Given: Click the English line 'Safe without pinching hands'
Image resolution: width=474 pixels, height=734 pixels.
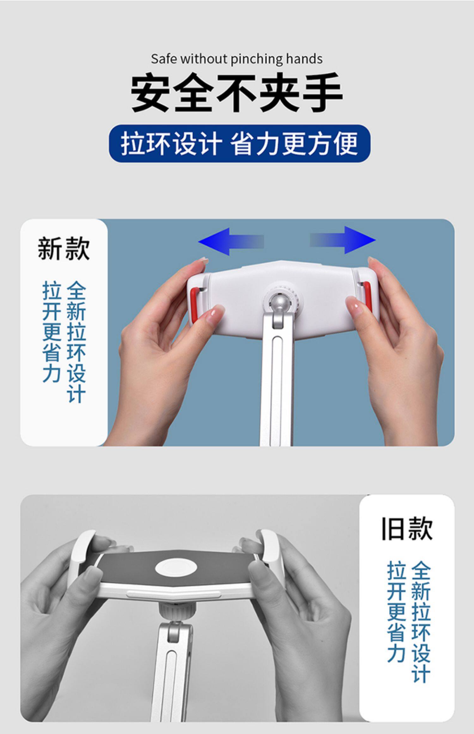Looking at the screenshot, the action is tap(237, 59).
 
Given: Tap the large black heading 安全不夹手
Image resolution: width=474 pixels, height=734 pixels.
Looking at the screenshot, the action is tap(237, 93).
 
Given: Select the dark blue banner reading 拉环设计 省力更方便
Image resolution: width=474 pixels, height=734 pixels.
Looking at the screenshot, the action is tap(240, 144).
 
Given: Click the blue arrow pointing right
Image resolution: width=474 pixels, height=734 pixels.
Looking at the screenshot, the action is tap(343, 240).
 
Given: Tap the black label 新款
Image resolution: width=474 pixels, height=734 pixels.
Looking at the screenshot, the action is tap(64, 249).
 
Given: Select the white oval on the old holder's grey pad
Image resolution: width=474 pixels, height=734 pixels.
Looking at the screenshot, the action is tap(176, 568).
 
